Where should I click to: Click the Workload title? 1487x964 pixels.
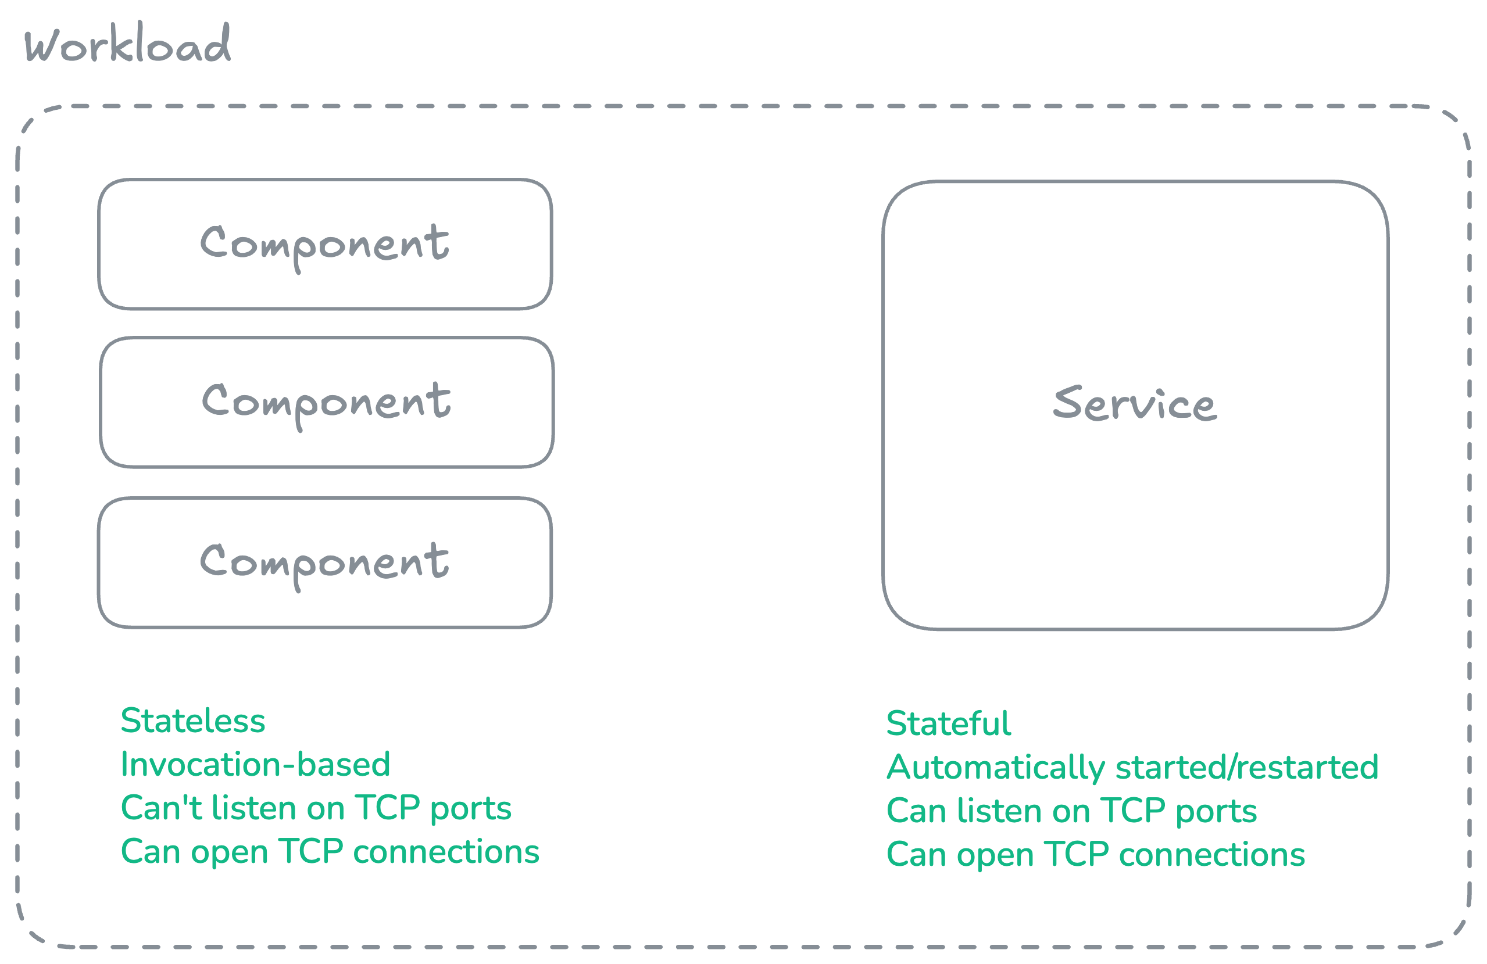[127, 45]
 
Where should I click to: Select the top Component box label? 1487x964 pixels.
[324, 244]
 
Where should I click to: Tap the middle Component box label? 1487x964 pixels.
[326, 402]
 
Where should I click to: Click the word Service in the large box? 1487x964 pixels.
[1135, 404]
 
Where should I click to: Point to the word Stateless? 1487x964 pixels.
[192, 721]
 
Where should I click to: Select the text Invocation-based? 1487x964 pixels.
[255, 765]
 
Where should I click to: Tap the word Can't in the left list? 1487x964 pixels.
[161, 808]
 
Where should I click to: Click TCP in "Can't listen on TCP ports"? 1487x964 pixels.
[387, 808]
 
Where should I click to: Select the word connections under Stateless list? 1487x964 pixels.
[445, 852]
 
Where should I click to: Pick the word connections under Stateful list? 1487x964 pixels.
[1211, 855]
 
